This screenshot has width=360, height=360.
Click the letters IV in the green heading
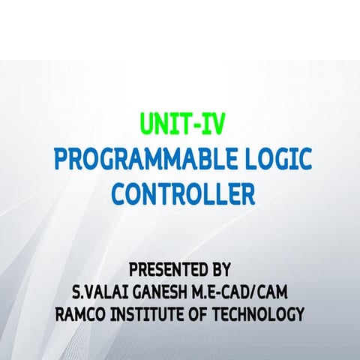tap(212, 123)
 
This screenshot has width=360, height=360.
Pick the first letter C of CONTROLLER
tap(119, 195)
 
